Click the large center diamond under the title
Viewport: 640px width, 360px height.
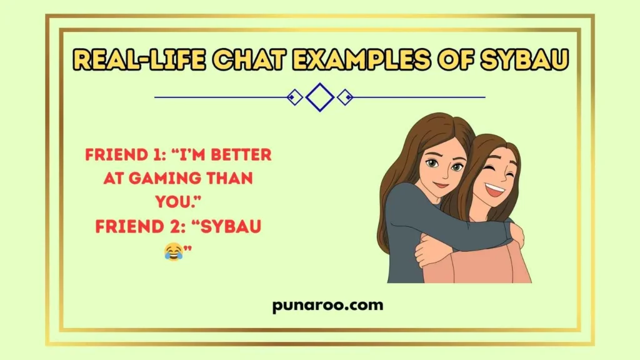(x=320, y=97)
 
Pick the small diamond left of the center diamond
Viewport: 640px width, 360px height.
(x=294, y=97)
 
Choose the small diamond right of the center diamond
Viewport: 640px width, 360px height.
(x=345, y=97)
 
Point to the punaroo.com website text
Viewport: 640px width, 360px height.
(x=319, y=306)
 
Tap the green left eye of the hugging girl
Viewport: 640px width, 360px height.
(x=432, y=164)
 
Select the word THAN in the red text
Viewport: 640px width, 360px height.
(x=227, y=179)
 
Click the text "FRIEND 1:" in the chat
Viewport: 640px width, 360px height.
(x=124, y=155)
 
